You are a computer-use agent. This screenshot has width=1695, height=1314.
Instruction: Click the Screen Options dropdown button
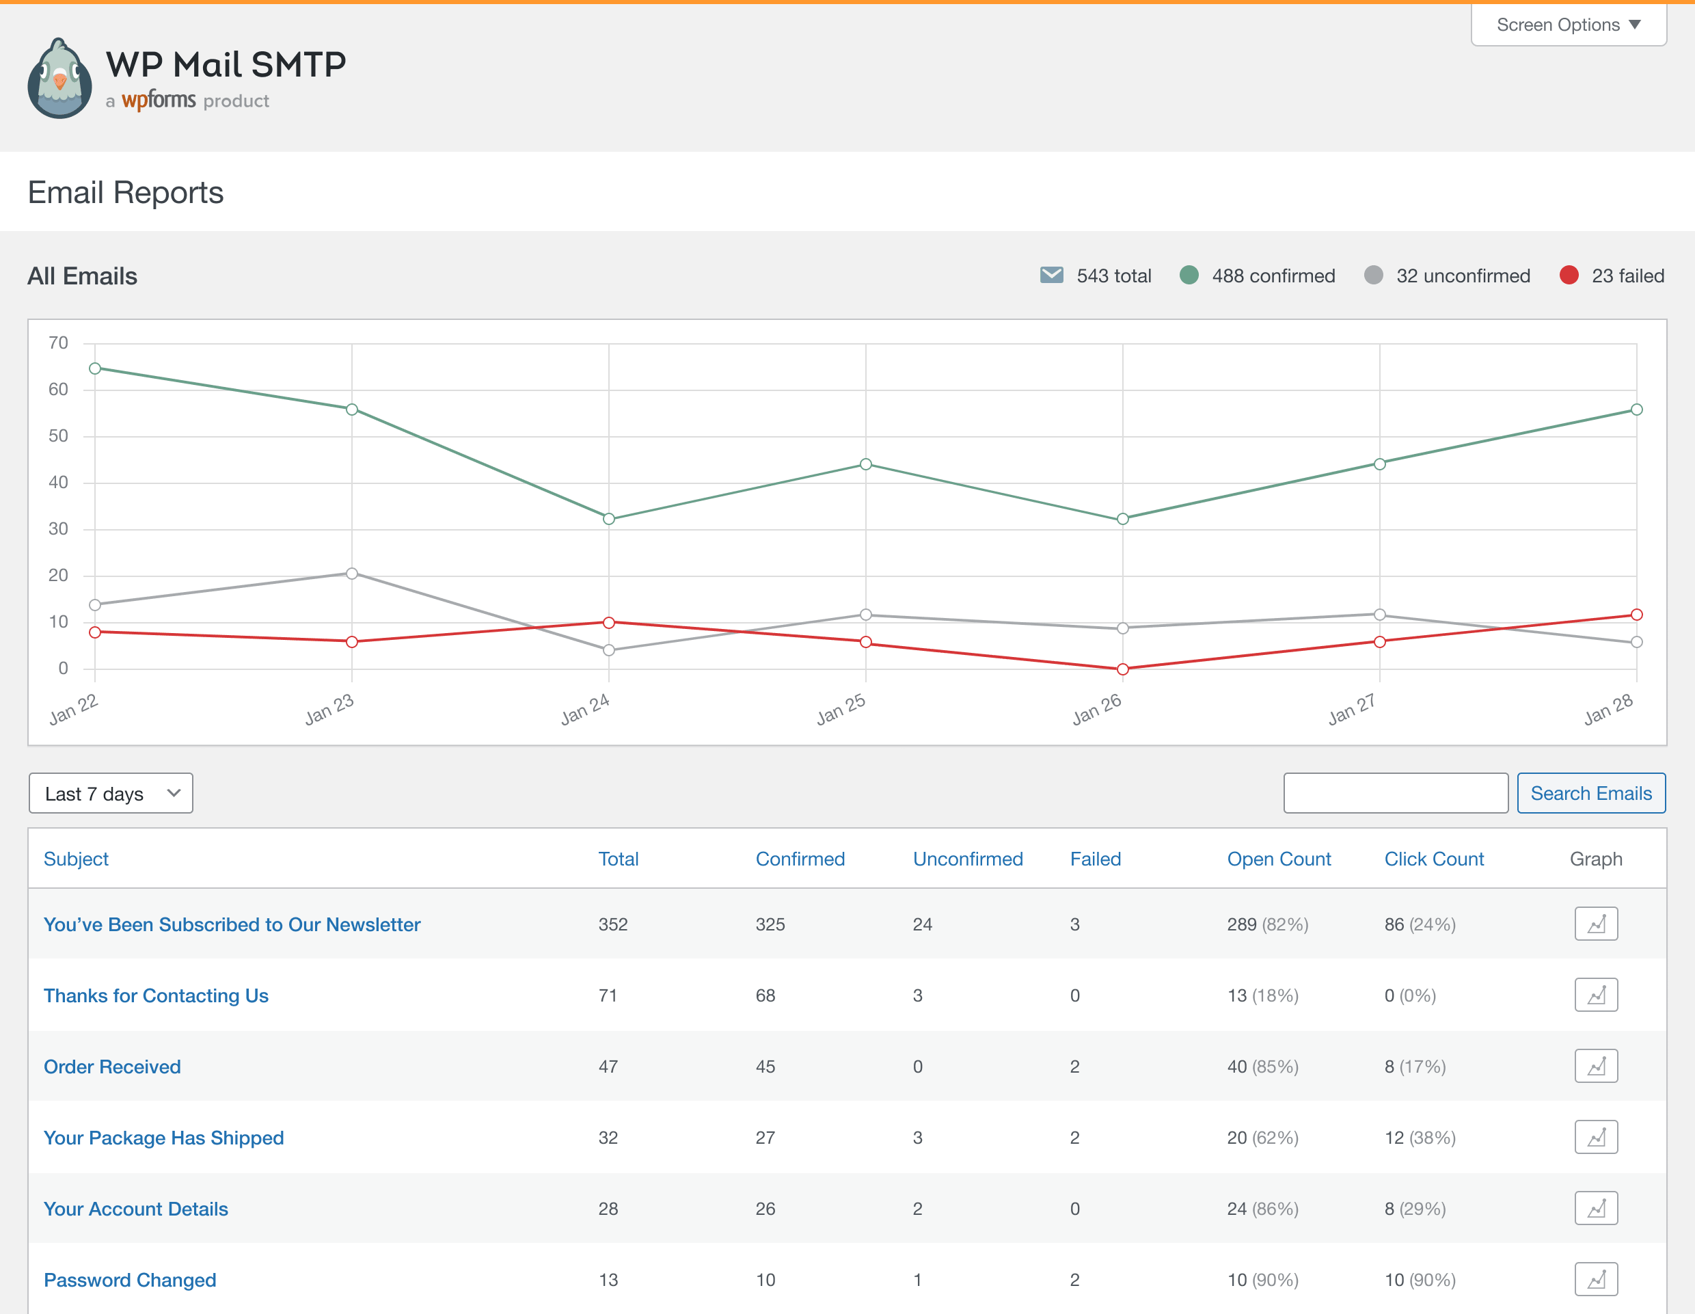(x=1568, y=25)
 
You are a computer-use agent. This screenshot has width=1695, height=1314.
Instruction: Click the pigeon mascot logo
(x=59, y=79)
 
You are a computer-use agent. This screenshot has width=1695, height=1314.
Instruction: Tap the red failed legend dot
(x=1569, y=276)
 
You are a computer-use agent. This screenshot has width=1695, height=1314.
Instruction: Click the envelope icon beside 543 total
(x=1051, y=276)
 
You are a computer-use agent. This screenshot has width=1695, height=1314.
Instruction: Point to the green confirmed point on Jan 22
(x=95, y=368)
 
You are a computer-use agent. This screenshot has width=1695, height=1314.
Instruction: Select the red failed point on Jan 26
(x=1122, y=669)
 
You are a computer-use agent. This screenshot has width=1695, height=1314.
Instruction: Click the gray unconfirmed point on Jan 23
(x=351, y=574)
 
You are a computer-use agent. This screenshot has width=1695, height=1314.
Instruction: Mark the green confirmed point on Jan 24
(x=608, y=519)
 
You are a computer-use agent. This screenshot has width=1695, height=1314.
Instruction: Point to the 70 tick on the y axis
(x=58, y=343)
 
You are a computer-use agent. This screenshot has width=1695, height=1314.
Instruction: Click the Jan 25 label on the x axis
(x=841, y=710)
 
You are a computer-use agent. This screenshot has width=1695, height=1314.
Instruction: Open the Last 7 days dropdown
(x=111, y=793)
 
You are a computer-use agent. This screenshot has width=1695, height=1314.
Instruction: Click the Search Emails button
(x=1591, y=793)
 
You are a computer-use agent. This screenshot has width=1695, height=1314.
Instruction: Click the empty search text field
(x=1396, y=793)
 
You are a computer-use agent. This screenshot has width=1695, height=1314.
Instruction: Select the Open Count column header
(x=1278, y=859)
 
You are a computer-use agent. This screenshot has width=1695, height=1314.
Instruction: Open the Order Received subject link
(x=113, y=1067)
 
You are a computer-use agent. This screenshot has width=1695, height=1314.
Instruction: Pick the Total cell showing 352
(x=613, y=924)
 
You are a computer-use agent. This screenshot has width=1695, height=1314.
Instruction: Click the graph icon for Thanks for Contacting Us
(x=1596, y=995)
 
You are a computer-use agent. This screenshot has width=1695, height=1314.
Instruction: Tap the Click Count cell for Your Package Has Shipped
(x=1420, y=1138)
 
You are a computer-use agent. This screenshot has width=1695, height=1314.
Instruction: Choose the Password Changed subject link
(x=130, y=1280)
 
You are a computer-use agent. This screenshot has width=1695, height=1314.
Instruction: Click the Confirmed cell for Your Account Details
(x=765, y=1209)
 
